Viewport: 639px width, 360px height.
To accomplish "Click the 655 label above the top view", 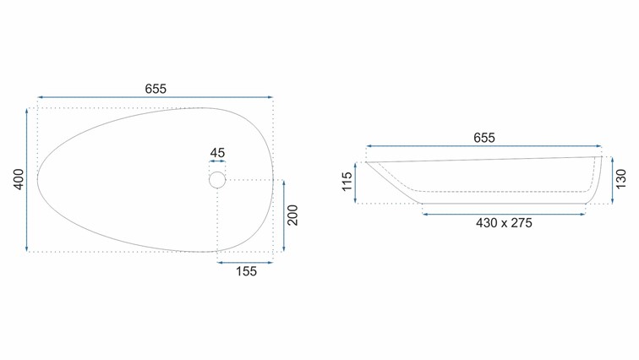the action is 156,89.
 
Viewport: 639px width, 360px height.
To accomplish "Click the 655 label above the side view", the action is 484,138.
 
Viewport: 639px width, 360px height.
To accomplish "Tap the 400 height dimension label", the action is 19,179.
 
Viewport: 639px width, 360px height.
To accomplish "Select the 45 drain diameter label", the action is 217,153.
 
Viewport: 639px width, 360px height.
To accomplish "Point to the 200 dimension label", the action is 292,215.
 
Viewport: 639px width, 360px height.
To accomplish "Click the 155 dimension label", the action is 246,271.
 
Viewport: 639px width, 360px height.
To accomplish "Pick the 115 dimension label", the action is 347,182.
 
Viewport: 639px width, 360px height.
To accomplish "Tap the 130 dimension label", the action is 620,179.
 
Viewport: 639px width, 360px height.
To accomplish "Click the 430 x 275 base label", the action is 504,223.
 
